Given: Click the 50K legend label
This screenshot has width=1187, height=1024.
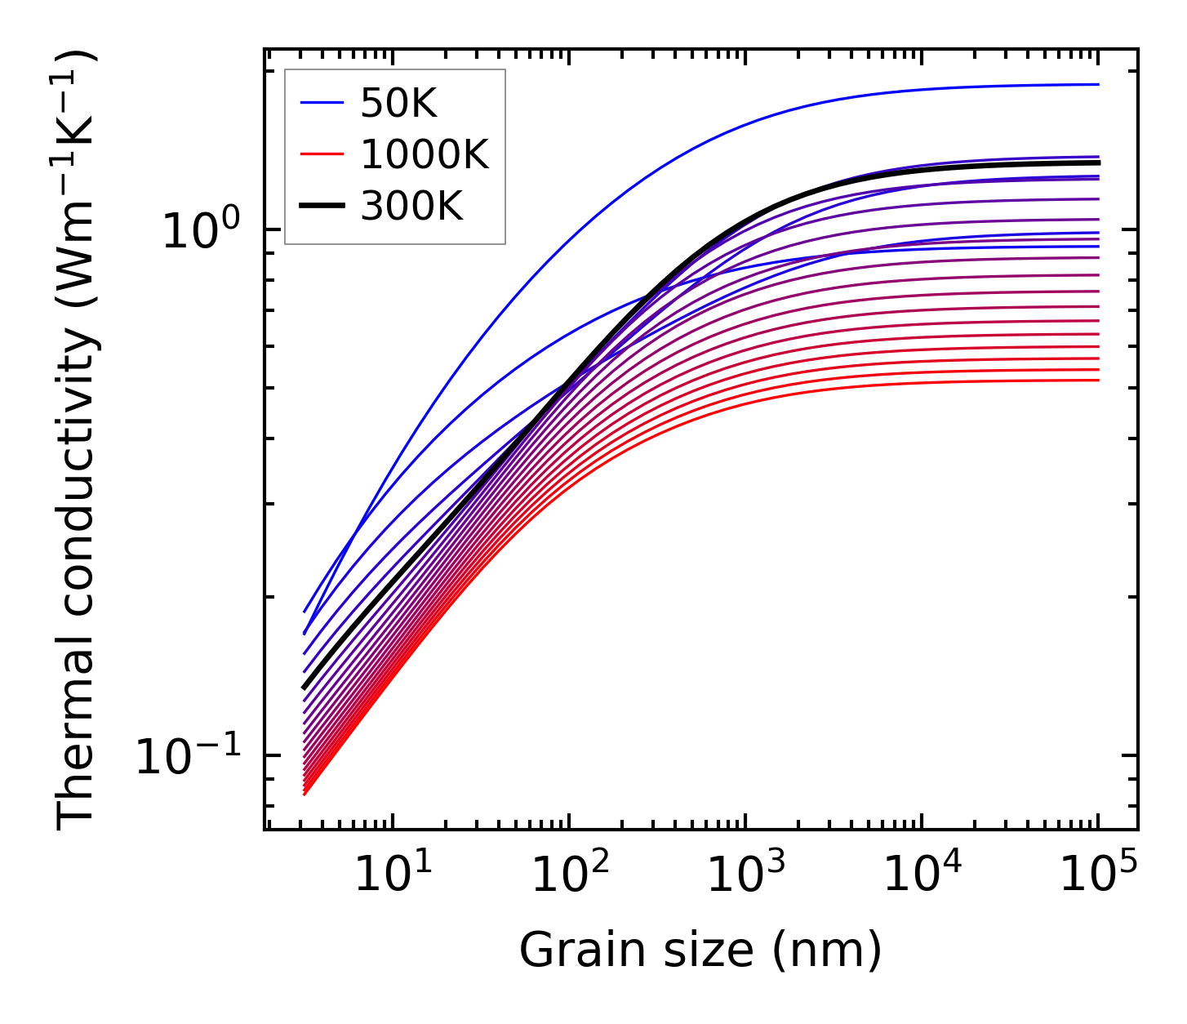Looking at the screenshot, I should [x=399, y=104].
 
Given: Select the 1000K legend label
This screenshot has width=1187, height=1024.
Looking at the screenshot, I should [x=425, y=154].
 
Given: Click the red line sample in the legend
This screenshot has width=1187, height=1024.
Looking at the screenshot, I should [x=322, y=154].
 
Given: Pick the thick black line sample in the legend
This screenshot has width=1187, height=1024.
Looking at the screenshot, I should [x=322, y=206].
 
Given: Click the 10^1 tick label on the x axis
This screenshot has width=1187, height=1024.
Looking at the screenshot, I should [x=392, y=876].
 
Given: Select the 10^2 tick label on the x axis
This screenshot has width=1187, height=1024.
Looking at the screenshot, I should [x=569, y=876].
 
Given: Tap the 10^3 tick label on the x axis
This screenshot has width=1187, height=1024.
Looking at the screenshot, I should [x=745, y=876].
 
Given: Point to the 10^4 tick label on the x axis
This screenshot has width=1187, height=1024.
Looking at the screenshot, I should [x=922, y=876].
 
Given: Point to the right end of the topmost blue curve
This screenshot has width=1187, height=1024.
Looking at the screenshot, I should [x=1098, y=84].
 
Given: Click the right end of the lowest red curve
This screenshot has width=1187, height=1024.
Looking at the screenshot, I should [x=1098, y=380].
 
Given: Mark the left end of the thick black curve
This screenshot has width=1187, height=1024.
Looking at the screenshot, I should [x=304, y=688].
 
